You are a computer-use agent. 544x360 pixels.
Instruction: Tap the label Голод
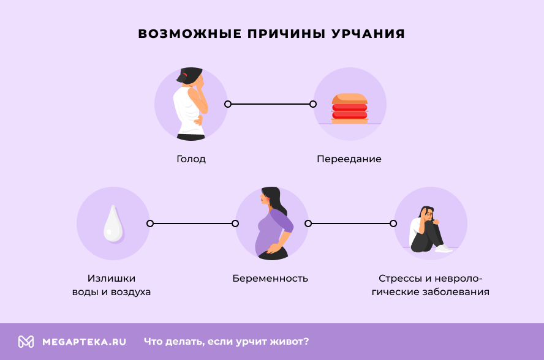point(191,159)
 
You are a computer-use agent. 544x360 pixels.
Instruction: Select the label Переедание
point(349,159)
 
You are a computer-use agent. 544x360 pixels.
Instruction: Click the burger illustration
point(349,109)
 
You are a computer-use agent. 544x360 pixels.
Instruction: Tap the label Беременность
point(270,279)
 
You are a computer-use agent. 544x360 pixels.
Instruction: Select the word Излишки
point(111,279)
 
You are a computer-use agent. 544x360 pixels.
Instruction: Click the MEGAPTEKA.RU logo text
point(84,342)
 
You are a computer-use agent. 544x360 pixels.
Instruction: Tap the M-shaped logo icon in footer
point(26,342)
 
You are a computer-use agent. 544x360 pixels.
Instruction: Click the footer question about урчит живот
point(227,342)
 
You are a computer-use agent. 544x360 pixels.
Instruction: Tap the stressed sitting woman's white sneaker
point(443,249)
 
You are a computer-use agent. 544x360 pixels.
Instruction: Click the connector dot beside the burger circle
point(313,104)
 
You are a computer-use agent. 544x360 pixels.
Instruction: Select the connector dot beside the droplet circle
point(150,223)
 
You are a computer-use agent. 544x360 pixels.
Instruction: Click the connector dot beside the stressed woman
point(393,223)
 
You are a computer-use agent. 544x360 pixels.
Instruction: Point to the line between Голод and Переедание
point(270,104)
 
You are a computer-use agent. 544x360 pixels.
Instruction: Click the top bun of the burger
point(349,98)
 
